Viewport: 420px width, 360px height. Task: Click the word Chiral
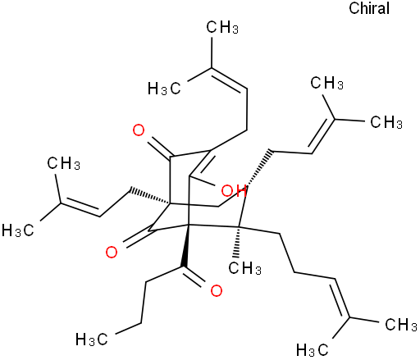tap(369, 8)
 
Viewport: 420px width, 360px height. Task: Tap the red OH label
tap(234, 191)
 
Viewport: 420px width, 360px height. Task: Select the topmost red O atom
tap(139, 130)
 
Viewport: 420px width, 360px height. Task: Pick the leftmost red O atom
tap(112, 252)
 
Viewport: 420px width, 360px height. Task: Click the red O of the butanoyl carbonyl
tap(217, 291)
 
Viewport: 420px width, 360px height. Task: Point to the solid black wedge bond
tap(185, 246)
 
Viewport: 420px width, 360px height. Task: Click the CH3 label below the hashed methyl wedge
tap(244, 268)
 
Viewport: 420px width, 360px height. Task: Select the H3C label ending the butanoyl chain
tap(92, 339)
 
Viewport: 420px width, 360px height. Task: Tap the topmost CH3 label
tap(222, 27)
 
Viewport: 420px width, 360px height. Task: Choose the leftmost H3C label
tap(18, 230)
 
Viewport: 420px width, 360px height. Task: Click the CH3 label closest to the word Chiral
tap(326, 83)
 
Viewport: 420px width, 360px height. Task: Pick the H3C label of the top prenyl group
tap(164, 89)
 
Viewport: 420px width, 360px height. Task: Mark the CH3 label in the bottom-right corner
tap(401, 325)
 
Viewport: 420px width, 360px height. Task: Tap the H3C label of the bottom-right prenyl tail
tap(313, 350)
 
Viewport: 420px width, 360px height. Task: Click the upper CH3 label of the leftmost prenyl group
tap(63, 163)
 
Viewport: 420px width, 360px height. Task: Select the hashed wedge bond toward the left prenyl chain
tap(150, 196)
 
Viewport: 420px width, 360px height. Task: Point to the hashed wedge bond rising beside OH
tap(258, 168)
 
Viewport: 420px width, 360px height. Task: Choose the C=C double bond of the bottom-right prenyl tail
tap(341, 298)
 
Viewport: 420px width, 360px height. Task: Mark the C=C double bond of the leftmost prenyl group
tap(80, 208)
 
